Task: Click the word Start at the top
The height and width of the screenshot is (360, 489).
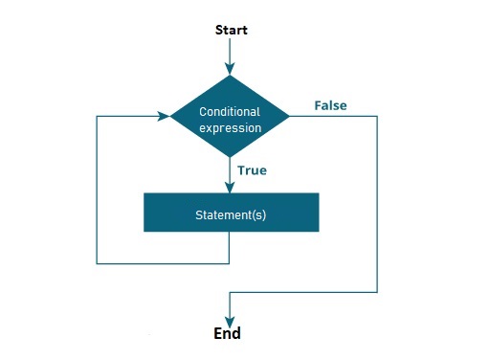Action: tap(230, 30)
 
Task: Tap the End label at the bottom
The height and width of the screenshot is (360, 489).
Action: tap(227, 334)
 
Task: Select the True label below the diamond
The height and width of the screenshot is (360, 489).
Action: tap(251, 170)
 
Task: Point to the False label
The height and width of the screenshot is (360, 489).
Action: tap(330, 104)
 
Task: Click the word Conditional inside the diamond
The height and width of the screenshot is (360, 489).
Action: tap(230, 112)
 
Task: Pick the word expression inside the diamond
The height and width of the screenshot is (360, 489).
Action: tap(230, 127)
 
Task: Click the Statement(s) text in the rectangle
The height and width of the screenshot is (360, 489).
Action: tap(230, 214)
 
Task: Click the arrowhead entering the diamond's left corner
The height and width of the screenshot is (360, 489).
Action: tap(164, 117)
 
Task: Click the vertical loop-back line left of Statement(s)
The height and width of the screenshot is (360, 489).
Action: tap(98, 191)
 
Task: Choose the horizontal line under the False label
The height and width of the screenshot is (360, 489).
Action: tap(335, 117)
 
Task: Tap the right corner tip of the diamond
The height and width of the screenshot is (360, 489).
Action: tap(288, 117)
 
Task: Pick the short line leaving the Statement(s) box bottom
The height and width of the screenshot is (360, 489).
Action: tap(230, 247)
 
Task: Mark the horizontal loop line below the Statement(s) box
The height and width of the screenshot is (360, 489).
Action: tap(163, 262)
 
